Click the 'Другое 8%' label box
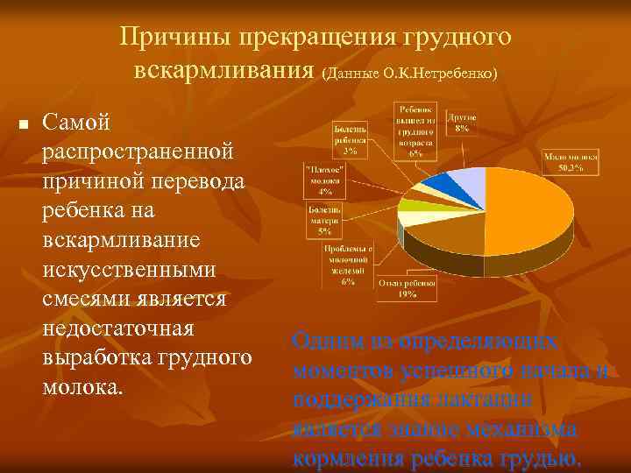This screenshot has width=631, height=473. pyautogui.click(x=462, y=122)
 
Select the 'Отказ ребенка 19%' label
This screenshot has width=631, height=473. pyautogui.click(x=408, y=290)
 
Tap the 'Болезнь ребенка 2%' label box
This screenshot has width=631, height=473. pyautogui.click(x=350, y=138)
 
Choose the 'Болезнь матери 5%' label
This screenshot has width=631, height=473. pyautogui.click(x=324, y=220)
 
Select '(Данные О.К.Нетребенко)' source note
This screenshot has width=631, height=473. pyautogui.click(x=409, y=74)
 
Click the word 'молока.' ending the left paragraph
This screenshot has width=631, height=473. pyautogui.click(x=81, y=387)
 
